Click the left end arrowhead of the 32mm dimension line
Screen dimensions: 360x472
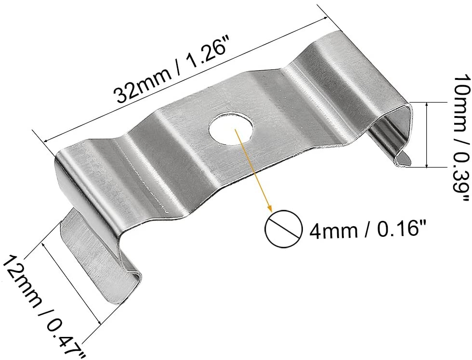click(x=46, y=140)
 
